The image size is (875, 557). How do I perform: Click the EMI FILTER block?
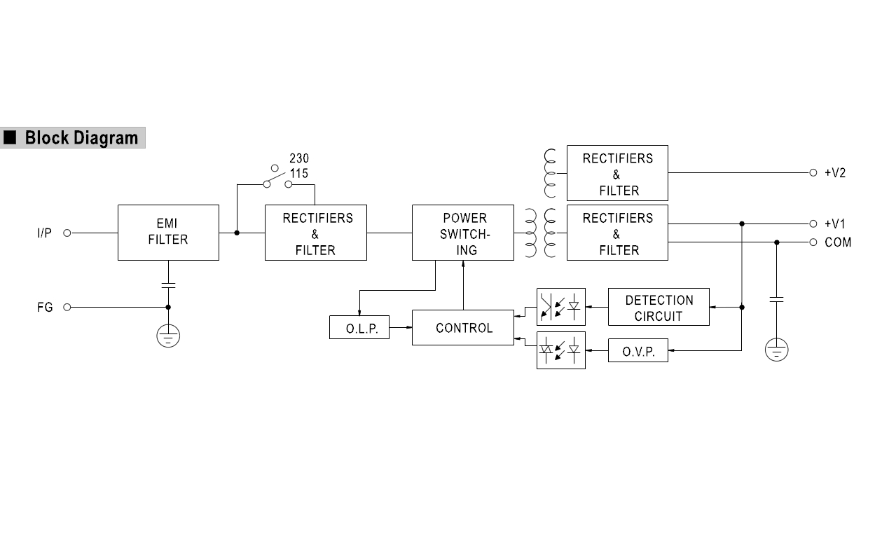pyautogui.click(x=168, y=232)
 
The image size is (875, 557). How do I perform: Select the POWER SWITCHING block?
pyautogui.click(x=462, y=232)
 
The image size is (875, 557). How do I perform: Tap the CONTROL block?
pyautogui.click(x=462, y=327)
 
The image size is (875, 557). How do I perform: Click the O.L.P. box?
pyautogui.click(x=359, y=327)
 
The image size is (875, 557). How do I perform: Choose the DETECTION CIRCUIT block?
pyautogui.click(x=659, y=307)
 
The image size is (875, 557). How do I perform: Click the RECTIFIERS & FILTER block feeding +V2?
pyautogui.click(x=617, y=173)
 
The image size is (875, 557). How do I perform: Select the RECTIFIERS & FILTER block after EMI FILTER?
pyautogui.click(x=315, y=232)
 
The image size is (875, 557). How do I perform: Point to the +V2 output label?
pyautogui.click(x=835, y=172)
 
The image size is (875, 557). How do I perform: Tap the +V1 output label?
pyautogui.click(x=835, y=224)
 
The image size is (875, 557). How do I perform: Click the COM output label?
pyautogui.click(x=838, y=242)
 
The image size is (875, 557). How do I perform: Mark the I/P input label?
pyautogui.click(x=44, y=233)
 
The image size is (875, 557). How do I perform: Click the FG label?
pyautogui.click(x=45, y=307)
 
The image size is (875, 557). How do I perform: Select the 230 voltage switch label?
pyautogui.click(x=298, y=158)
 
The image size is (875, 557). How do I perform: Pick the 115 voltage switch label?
pyautogui.click(x=298, y=173)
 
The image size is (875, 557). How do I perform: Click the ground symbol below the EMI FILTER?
pyautogui.click(x=168, y=336)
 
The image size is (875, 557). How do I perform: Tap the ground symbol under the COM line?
pyautogui.click(x=776, y=349)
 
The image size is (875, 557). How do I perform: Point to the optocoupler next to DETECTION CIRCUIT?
pyautogui.click(x=560, y=307)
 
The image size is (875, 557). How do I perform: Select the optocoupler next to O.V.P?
pyautogui.click(x=560, y=350)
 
